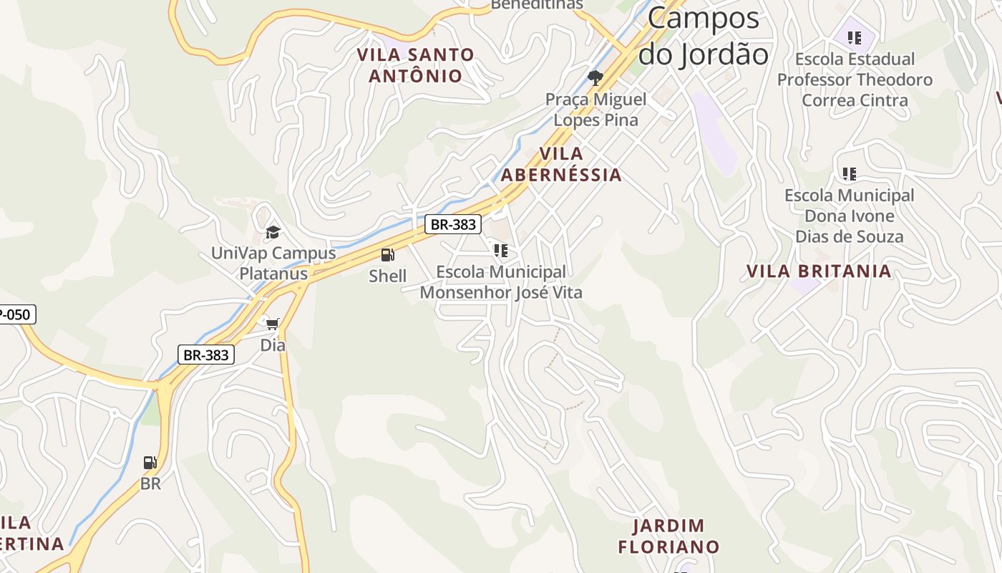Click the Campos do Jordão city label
click(703, 36)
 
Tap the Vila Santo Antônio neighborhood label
click(415, 65)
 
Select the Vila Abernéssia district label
click(561, 165)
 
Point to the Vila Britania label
click(819, 271)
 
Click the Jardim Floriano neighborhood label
click(668, 536)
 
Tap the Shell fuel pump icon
click(387, 255)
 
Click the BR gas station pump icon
click(150, 463)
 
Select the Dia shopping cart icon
click(272, 324)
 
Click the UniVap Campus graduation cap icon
click(273, 232)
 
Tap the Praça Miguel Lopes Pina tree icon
click(595, 78)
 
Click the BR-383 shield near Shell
click(452, 224)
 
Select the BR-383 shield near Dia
click(205, 355)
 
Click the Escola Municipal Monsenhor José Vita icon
click(500, 251)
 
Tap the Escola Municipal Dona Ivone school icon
click(850, 174)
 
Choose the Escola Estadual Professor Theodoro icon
click(854, 38)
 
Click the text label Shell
click(387, 276)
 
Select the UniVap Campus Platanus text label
click(273, 263)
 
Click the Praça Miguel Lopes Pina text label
click(595, 110)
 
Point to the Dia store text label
click(272, 345)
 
